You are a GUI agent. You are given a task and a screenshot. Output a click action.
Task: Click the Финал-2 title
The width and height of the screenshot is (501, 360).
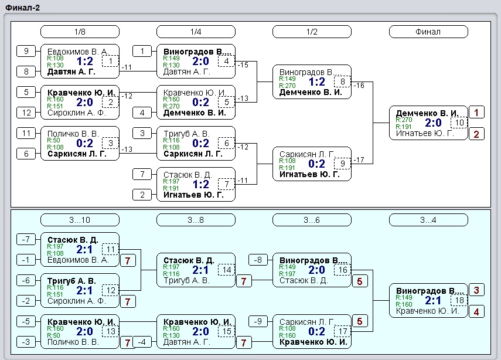click(x=22, y=8)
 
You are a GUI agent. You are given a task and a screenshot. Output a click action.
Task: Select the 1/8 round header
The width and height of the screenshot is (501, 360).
click(x=80, y=32)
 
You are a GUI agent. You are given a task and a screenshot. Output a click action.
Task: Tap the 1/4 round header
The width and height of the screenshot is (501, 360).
click(x=196, y=32)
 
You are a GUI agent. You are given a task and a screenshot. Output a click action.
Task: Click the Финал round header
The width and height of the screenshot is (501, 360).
click(x=428, y=32)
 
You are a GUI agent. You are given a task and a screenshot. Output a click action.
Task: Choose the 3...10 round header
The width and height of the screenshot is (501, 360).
click(x=80, y=220)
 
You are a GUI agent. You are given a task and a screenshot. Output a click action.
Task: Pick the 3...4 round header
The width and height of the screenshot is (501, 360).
click(x=428, y=220)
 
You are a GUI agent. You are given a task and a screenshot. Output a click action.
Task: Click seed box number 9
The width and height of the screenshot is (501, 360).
click(x=26, y=51)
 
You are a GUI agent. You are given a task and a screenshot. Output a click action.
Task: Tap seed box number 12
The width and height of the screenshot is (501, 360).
click(x=26, y=113)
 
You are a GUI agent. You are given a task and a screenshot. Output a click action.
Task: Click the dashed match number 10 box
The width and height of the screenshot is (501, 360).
click(x=459, y=123)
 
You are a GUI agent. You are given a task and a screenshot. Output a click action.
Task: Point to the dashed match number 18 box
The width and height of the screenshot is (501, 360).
click(x=459, y=301)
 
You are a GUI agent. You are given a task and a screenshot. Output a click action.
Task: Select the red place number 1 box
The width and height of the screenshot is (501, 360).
click(x=476, y=113)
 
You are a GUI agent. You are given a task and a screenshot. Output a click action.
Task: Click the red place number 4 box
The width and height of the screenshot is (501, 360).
click(x=476, y=312)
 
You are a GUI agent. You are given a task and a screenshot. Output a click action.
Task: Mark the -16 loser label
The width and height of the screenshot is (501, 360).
click(x=359, y=86)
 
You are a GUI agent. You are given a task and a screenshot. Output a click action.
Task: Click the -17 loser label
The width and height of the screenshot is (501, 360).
click(x=359, y=159)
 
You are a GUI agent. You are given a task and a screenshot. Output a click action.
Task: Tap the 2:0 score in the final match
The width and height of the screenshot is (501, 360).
click(x=433, y=123)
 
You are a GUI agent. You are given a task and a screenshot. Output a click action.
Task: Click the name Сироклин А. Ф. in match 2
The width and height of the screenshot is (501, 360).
click(x=77, y=113)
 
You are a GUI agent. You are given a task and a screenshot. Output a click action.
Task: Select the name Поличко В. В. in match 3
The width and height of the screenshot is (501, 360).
click(x=73, y=134)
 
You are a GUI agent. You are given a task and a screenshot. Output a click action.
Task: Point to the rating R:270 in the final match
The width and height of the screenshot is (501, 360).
click(x=404, y=120)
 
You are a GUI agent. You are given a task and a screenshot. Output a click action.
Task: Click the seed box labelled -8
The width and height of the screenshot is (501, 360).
click(x=258, y=260)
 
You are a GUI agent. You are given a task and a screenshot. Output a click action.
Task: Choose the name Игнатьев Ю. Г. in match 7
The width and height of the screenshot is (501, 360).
click(x=193, y=195)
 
